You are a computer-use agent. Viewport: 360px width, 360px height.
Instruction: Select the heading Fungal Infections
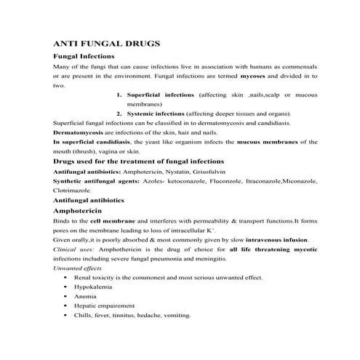[x=84, y=56]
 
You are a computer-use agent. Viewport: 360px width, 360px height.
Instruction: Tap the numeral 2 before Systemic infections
[x=118, y=113]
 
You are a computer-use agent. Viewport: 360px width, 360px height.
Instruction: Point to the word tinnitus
[x=131, y=316]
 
